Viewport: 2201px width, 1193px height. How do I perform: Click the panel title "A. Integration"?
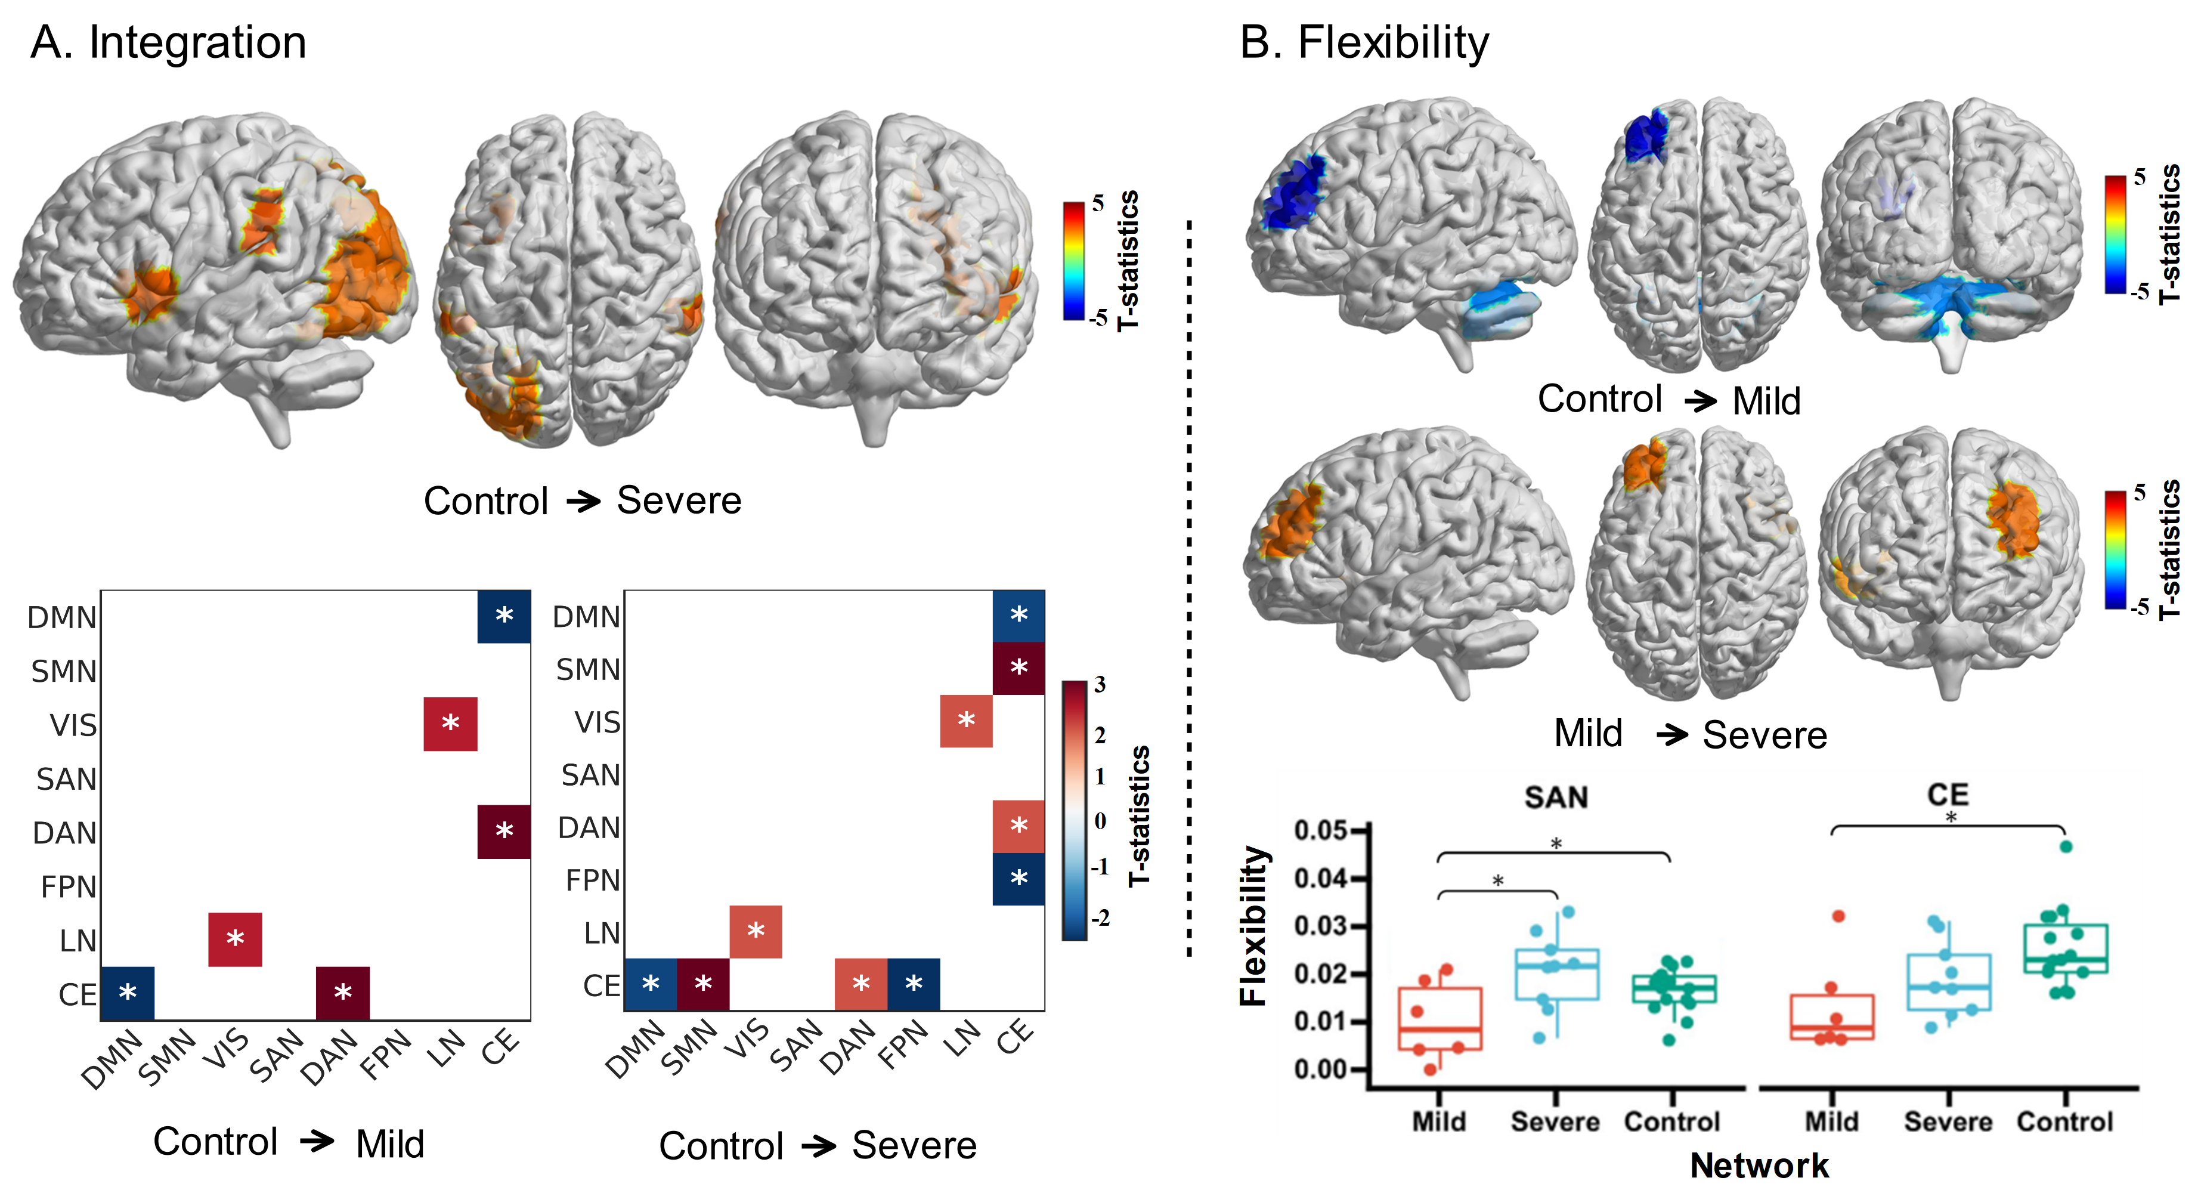(168, 43)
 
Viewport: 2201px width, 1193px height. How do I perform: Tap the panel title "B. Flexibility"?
(1364, 43)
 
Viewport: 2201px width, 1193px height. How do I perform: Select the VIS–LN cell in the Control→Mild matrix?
(450, 724)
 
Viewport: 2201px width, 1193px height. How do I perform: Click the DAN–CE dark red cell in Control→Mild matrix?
(504, 832)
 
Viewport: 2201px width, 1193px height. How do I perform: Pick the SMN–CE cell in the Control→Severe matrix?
(1019, 668)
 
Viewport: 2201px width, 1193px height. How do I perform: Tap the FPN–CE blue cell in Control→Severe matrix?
(1019, 879)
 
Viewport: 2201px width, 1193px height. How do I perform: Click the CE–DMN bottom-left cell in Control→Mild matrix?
(127, 993)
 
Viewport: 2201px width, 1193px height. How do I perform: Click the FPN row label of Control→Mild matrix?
(69, 887)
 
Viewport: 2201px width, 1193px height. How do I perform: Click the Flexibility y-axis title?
(1253, 926)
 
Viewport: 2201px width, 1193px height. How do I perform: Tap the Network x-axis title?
(1759, 1166)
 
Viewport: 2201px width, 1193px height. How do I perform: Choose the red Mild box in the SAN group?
(1440, 1019)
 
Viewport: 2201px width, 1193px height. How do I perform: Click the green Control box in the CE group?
(2065, 948)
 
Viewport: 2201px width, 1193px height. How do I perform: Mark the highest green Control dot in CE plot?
(2066, 847)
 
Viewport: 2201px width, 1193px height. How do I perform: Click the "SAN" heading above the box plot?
(1556, 798)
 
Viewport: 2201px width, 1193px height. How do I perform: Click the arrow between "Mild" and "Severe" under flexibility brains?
(1672, 734)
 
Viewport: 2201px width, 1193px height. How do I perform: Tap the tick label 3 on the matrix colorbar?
(1100, 685)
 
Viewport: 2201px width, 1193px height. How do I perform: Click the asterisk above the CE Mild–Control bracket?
(1951, 818)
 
